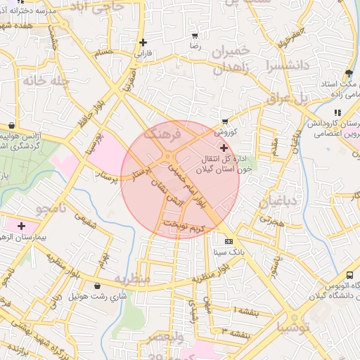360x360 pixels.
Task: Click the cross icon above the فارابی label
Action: tap(143, 42)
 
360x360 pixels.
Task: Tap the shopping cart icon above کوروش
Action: tap(225, 122)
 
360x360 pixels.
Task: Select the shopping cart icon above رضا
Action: tap(195, 35)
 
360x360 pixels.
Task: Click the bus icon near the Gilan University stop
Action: tap(349, 276)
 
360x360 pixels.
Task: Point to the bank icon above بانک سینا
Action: tap(227, 240)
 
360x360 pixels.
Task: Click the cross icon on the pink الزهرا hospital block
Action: tap(21, 226)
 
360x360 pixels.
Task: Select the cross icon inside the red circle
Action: tap(224, 148)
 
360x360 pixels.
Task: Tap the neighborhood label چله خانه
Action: tap(27, 80)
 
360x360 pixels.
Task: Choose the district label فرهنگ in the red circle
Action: tap(162, 132)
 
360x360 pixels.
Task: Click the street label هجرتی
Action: tap(270, 219)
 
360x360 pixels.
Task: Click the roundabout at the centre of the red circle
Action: tap(170, 157)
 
